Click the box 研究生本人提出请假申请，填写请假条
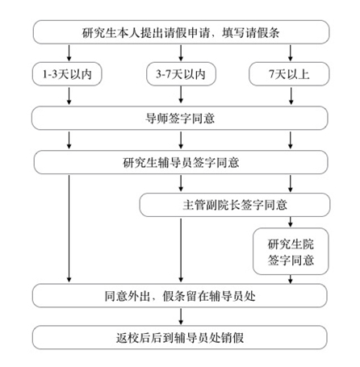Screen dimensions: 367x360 pyautogui.click(x=181, y=33)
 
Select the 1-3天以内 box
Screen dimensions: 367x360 pyautogui.click(x=69, y=75)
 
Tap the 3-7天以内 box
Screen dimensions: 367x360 pyautogui.click(x=181, y=75)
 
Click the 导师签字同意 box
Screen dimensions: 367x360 pyautogui.click(x=181, y=119)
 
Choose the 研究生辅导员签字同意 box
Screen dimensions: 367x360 pyautogui.click(x=181, y=161)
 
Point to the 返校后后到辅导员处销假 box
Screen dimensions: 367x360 pyautogui.click(x=181, y=336)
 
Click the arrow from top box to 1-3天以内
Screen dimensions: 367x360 pyautogui.click(x=69, y=54)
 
